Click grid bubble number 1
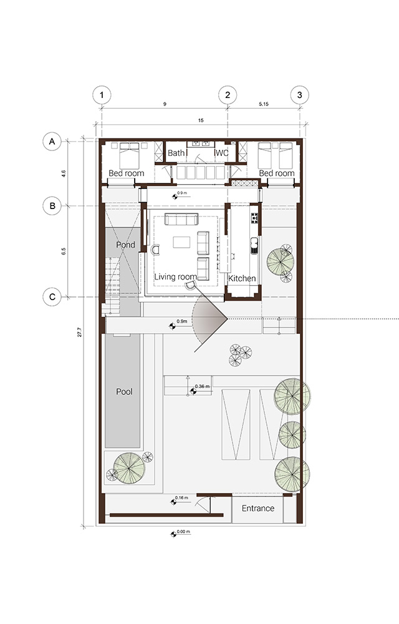pos(102,95)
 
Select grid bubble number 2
pos(228,95)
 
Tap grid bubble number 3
pos(300,95)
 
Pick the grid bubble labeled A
pos(52,142)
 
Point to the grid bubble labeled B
pos(52,206)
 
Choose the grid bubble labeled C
pos(52,297)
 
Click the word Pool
pos(124,392)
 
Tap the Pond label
pos(125,245)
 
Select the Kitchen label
pos(242,278)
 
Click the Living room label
pos(175,277)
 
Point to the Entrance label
pos(258,508)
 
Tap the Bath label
pos(176,153)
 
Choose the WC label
pos(222,153)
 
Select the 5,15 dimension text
pos(264,104)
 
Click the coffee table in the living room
pos(181,242)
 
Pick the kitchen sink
pos(254,245)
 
